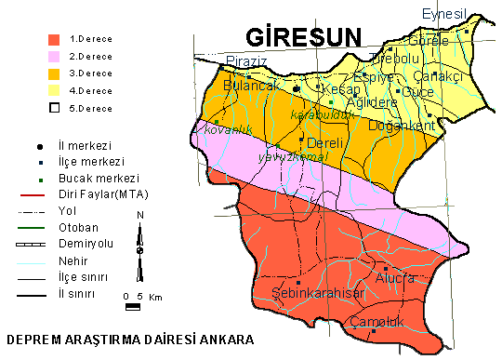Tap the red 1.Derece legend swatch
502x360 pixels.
pyautogui.click(x=55, y=40)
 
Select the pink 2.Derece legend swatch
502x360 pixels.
pyautogui.click(x=55, y=57)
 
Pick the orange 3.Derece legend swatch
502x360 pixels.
pyautogui.click(x=55, y=73)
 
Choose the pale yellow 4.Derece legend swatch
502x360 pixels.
pyautogui.click(x=55, y=90)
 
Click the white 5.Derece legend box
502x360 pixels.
pyautogui.click(x=55, y=108)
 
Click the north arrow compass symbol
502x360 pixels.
pyautogui.click(x=139, y=247)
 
